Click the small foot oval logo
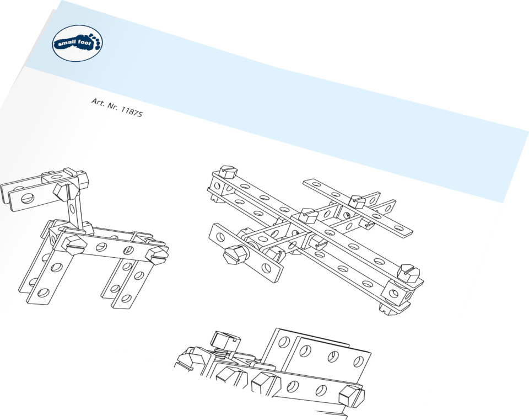click(x=77, y=43)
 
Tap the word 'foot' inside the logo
click(x=85, y=42)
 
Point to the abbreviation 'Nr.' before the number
click(x=112, y=106)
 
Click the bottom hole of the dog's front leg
click(x=43, y=293)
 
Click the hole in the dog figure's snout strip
click(x=26, y=198)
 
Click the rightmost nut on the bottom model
click(x=352, y=397)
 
